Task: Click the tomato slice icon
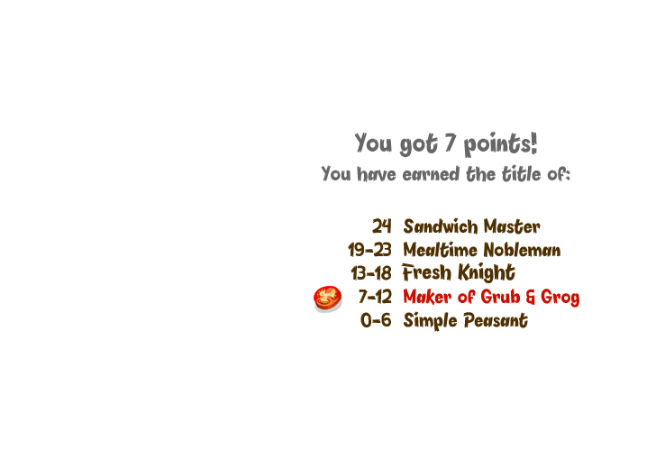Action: click(328, 299)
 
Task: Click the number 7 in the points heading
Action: click(450, 143)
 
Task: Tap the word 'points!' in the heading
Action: click(500, 143)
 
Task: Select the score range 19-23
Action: click(369, 250)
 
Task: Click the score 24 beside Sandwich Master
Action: click(382, 226)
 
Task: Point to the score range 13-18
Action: click(371, 273)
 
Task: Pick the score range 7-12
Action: click(375, 297)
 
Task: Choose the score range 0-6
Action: click(376, 320)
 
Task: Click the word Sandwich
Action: click(441, 226)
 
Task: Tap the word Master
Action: click(512, 226)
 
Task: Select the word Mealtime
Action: click(440, 250)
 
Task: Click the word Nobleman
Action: click(522, 250)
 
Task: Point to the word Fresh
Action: click(427, 272)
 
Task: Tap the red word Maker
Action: click(427, 297)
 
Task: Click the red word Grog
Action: click(560, 298)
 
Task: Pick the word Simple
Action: click(430, 321)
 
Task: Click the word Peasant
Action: click(496, 320)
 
